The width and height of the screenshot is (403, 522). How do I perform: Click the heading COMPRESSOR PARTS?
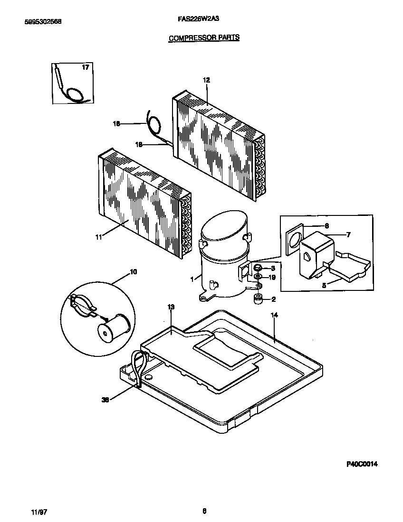click(x=204, y=37)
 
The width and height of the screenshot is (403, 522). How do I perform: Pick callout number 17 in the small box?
click(x=85, y=68)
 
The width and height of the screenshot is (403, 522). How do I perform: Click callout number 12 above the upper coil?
click(x=206, y=80)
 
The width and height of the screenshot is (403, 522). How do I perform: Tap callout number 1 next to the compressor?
click(x=192, y=280)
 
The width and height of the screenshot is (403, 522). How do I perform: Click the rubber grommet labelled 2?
click(x=259, y=299)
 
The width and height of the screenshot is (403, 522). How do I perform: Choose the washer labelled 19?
click(x=258, y=277)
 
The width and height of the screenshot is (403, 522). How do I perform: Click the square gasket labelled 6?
click(x=295, y=237)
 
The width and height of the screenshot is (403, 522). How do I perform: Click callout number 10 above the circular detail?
click(x=134, y=271)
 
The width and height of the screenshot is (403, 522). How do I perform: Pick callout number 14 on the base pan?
click(x=274, y=315)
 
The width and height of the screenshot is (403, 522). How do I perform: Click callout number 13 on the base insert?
click(x=171, y=307)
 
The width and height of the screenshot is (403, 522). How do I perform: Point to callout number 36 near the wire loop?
click(x=106, y=400)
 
